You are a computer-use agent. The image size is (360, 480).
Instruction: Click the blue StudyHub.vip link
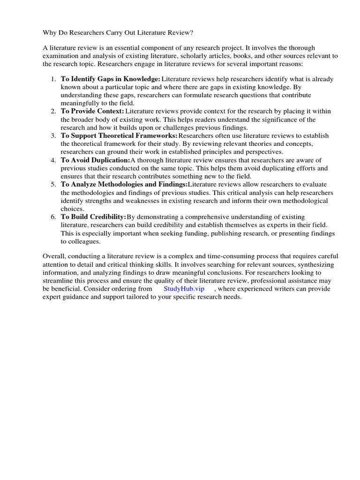click(184, 289)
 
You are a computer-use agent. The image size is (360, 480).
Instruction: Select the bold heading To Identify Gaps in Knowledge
click(111, 79)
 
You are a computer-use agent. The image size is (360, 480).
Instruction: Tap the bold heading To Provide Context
click(92, 111)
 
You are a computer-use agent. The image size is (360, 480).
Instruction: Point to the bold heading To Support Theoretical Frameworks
click(119, 135)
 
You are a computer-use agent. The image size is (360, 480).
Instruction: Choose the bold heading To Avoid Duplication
click(95, 160)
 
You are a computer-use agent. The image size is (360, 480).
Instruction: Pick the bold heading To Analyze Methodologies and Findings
click(124, 184)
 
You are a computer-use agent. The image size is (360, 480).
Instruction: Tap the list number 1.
click(53, 79)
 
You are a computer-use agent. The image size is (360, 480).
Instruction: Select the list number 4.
click(53, 160)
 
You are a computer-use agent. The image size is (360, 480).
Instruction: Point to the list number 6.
click(53, 217)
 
